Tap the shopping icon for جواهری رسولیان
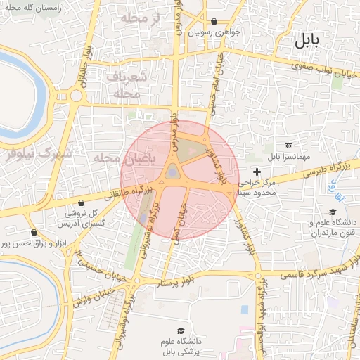(x=214, y=22)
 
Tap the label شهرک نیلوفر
(x=37, y=153)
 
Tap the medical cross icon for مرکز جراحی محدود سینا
(x=257, y=172)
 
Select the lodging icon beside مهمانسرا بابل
(x=288, y=145)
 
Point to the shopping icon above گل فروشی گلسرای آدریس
(x=82, y=202)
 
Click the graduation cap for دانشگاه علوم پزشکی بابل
(x=181, y=330)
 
